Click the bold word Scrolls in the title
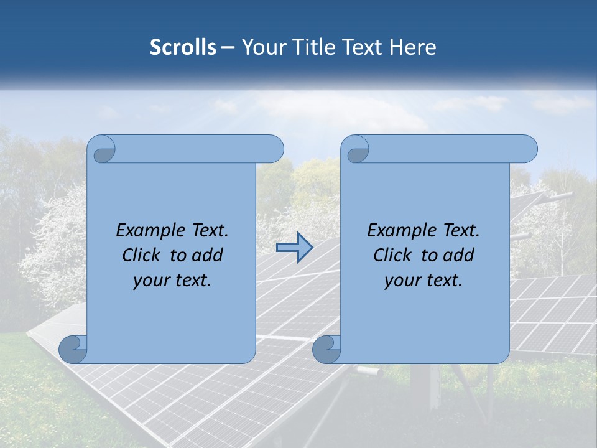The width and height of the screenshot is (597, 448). click(183, 47)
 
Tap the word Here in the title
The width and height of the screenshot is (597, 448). click(413, 47)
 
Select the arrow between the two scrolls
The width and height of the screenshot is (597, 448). click(294, 247)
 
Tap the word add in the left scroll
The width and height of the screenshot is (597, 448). click(206, 255)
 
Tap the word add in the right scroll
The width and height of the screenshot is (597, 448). click(458, 255)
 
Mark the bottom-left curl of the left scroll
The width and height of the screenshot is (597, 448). click(72, 350)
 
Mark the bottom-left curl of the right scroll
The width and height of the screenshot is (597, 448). click(326, 350)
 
